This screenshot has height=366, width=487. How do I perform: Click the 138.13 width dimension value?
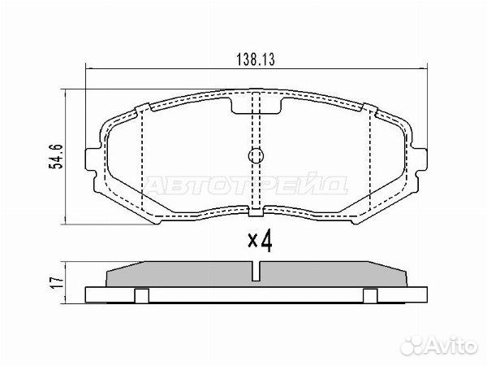point(256,59)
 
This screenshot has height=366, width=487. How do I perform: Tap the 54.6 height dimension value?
point(56,156)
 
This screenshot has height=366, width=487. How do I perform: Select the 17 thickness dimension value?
point(57,282)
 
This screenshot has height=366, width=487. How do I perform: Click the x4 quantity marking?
point(260,241)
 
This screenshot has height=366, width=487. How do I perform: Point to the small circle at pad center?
point(256,155)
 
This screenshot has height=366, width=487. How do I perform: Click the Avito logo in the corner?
point(438,345)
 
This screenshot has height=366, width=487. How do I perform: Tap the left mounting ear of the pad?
point(93,159)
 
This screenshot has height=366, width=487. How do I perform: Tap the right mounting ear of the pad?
point(419,159)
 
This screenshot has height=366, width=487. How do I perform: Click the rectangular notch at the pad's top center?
point(256,106)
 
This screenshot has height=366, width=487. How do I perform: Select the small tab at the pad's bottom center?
point(256,211)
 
